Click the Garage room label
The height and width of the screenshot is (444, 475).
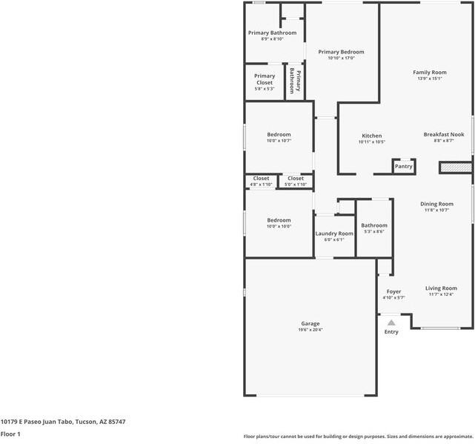310,323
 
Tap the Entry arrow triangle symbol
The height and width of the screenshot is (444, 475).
391,322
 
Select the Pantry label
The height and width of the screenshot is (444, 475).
403,167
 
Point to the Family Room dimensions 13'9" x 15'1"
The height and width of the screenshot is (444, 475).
430,79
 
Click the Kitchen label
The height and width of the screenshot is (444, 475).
371,136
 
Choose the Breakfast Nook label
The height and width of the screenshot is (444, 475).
444,134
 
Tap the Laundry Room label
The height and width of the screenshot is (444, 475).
334,233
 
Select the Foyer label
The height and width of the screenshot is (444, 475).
393,291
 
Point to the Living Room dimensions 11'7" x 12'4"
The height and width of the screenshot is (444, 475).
441,294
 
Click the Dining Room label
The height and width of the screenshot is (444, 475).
436,204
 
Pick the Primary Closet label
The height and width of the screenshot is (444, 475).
265,76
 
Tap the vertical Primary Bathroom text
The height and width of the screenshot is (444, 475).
295,80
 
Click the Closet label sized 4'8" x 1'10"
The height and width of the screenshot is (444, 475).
261,178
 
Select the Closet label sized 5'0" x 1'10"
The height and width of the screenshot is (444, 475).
296,178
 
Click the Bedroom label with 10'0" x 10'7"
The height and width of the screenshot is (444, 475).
279,134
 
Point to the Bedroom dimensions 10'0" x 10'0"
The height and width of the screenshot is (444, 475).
279,226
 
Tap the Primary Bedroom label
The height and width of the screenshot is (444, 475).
341,52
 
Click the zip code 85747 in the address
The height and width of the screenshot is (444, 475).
115,422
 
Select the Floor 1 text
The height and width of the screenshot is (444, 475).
10,434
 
